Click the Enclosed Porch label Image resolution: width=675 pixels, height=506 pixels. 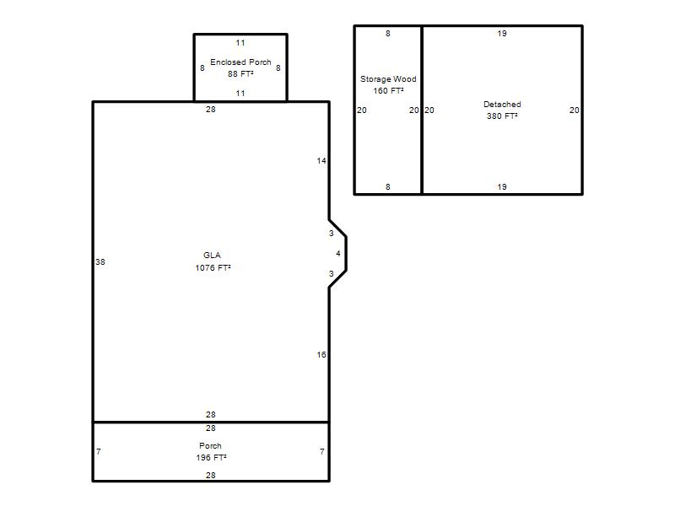point(240,62)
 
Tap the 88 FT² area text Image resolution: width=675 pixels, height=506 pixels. point(240,73)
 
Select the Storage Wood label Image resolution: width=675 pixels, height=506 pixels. point(388,78)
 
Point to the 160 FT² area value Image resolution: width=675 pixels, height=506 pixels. point(388,90)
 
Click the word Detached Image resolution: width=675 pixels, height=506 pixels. point(502,104)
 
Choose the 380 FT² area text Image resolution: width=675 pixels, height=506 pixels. point(502,116)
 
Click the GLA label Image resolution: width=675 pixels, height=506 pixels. point(212,256)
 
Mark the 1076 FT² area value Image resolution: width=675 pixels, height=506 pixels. point(213,267)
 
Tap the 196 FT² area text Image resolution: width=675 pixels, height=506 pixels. point(211,457)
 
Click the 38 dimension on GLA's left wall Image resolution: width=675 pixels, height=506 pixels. point(100,261)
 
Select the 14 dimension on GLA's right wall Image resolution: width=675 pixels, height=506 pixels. point(321,160)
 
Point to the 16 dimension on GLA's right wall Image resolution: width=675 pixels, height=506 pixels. point(321,354)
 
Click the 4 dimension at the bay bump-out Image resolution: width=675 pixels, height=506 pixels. point(338,254)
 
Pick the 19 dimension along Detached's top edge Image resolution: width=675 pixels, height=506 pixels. point(502,33)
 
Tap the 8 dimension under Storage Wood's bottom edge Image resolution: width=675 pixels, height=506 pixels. point(388,186)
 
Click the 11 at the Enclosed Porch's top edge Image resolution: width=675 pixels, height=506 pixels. point(240,43)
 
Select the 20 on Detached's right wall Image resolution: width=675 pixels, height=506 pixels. point(575,110)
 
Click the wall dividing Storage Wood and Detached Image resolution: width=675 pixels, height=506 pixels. point(422,110)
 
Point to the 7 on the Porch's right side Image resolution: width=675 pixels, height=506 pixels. point(322,451)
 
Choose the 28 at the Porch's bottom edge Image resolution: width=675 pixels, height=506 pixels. point(210,475)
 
